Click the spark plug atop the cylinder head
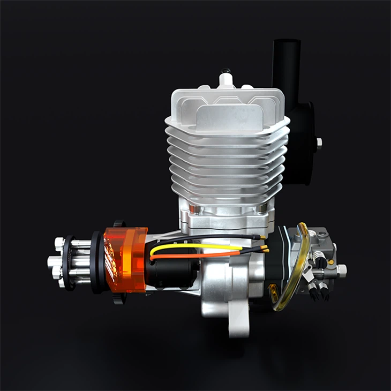(225, 77)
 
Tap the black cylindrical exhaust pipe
(286, 64)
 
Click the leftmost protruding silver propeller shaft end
(52, 262)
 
